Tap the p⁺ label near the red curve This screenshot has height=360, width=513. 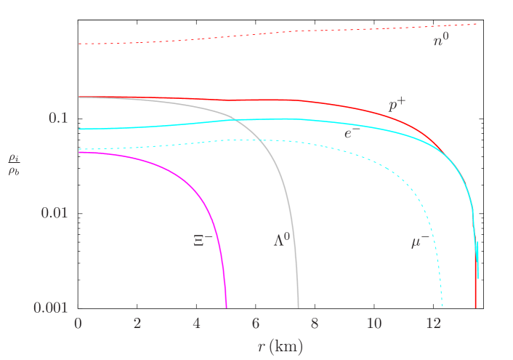(397, 105)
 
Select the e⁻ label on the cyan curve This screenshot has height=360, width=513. (350, 133)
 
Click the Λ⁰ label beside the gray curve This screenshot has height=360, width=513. (282, 240)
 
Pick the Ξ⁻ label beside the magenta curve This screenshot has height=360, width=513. (203, 240)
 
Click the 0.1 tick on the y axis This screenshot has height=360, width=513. (58, 118)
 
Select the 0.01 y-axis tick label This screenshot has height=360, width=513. (54, 212)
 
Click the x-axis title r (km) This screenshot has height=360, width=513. (280, 346)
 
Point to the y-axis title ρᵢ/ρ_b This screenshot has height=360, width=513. (14, 165)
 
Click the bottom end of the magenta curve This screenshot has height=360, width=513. (226, 306)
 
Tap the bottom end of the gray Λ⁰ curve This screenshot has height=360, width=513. (298, 306)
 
